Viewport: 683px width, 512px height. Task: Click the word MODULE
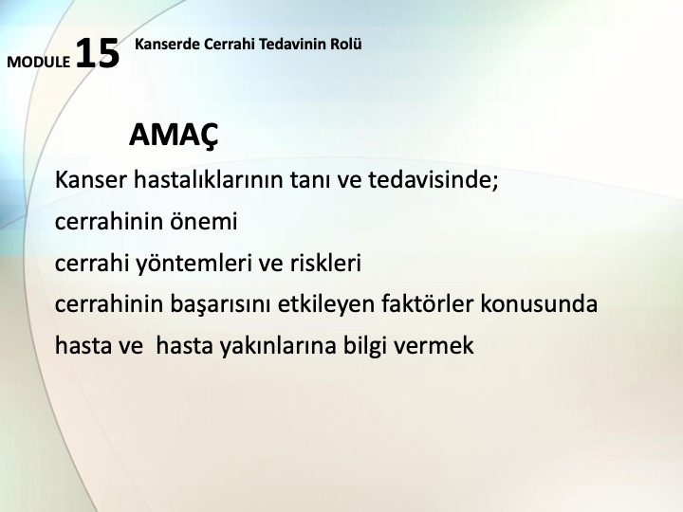38,62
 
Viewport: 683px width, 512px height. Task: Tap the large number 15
98,53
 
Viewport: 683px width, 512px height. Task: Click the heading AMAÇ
174,136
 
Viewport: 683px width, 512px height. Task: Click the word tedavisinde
430,179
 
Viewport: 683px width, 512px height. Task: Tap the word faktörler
427,303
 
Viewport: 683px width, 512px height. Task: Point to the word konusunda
539,303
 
